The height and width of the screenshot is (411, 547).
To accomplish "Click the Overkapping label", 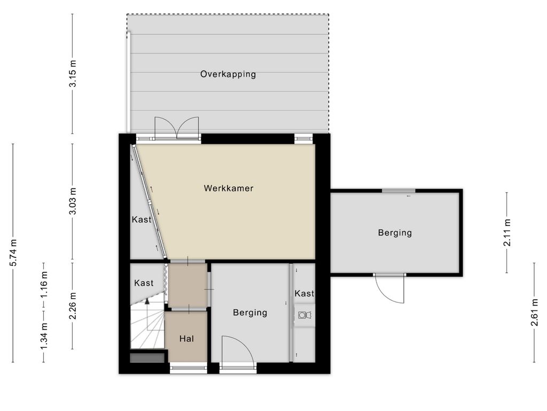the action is click(x=228, y=74).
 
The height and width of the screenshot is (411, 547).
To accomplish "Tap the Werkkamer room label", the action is click(x=229, y=188).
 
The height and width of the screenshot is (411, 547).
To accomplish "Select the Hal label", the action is click(x=186, y=338).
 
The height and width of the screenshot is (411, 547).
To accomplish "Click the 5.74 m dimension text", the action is click(x=13, y=253).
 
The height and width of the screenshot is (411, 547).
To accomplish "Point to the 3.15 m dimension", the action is click(x=73, y=74).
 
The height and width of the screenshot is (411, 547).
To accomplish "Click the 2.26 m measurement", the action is click(x=73, y=306).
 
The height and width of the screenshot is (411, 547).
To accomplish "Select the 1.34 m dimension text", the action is click(x=44, y=336).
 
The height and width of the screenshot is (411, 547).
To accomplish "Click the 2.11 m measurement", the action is click(x=507, y=232).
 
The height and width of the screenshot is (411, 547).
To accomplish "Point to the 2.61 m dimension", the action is click(x=534, y=313).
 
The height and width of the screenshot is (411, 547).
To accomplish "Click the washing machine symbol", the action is click(x=304, y=315).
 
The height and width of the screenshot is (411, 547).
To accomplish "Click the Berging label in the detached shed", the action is click(x=395, y=233).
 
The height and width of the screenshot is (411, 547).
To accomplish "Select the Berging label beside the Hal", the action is click(x=250, y=313).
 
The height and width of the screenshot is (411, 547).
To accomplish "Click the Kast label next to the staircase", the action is click(x=144, y=283).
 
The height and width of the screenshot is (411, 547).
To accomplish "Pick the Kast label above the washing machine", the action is click(x=304, y=293).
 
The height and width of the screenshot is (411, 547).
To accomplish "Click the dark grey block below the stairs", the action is click(x=147, y=358).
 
